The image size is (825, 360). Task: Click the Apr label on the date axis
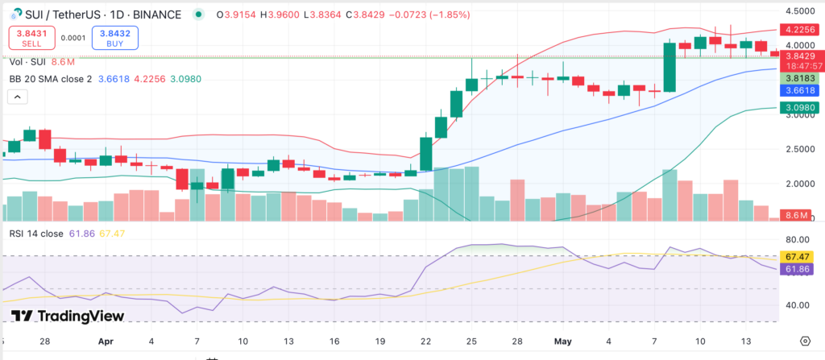(106, 341)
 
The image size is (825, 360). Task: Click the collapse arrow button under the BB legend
(16, 97)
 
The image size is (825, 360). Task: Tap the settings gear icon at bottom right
(805, 341)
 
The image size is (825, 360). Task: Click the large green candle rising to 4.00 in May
(669, 67)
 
